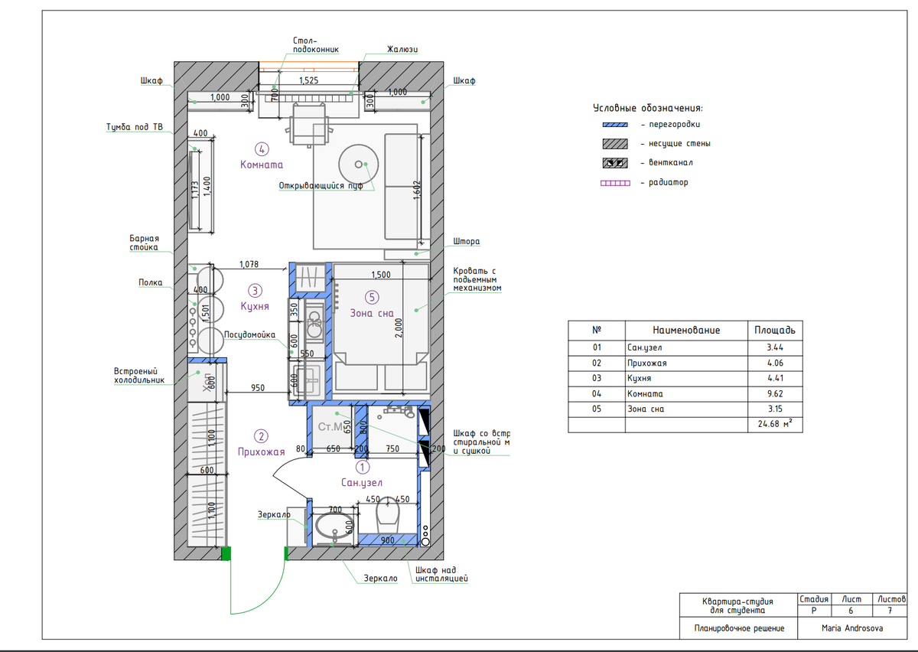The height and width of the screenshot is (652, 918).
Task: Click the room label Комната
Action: point(262,165)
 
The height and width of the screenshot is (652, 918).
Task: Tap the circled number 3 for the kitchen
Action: point(255,291)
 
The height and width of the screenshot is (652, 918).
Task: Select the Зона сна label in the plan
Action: point(372,313)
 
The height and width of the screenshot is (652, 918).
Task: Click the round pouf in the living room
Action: point(359,164)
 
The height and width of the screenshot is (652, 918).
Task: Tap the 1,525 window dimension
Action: point(308,80)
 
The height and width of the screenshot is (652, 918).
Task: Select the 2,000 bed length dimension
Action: point(399,328)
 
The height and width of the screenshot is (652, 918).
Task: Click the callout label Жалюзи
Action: point(402,49)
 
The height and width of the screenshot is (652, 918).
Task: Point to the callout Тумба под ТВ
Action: point(135,127)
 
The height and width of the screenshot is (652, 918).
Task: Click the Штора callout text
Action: point(467,241)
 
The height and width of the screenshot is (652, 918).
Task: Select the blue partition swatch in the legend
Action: point(615,125)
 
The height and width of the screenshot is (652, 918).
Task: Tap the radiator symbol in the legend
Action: point(615,183)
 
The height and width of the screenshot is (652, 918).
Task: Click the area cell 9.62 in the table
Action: point(775,393)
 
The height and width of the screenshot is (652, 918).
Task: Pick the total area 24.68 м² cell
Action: point(775,424)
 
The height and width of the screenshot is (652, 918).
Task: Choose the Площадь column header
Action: point(774,330)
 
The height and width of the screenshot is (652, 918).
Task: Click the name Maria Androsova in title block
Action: point(852,628)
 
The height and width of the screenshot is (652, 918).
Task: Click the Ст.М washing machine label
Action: point(330,427)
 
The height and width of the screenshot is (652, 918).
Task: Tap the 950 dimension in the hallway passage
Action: point(258,387)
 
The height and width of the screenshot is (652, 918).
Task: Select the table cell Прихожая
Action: point(646,363)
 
